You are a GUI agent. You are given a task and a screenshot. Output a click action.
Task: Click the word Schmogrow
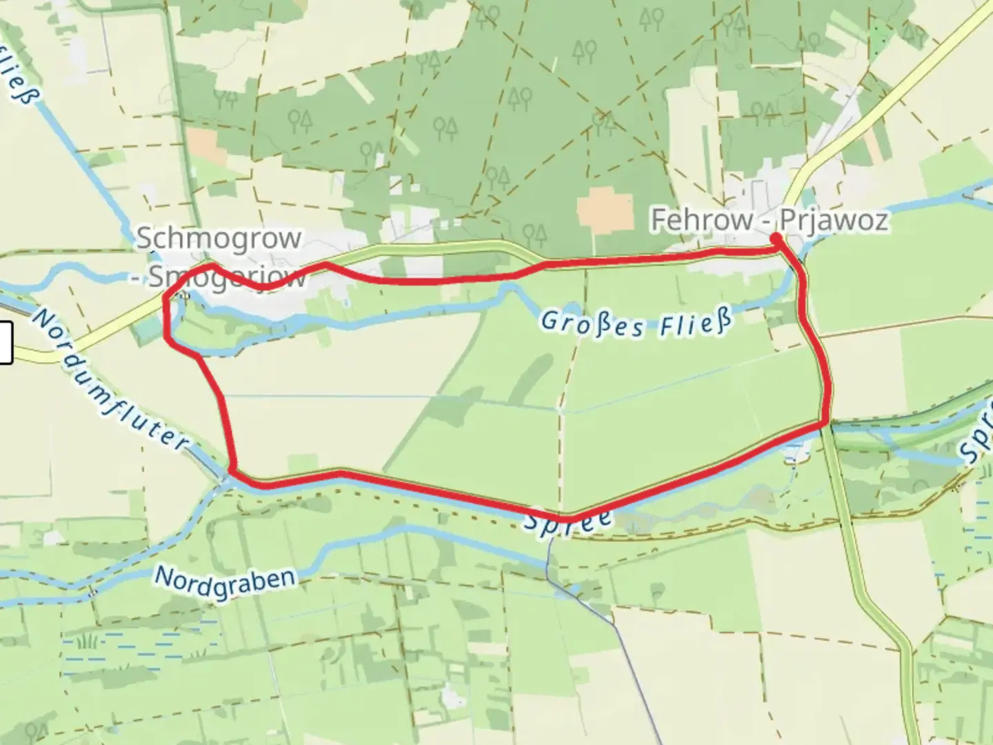[x=219, y=239]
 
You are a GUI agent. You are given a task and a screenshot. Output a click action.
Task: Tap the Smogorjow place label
[x=228, y=278]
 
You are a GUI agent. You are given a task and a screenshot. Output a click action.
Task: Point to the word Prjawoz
[x=833, y=221]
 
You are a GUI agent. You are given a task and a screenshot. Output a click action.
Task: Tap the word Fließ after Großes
[x=694, y=324]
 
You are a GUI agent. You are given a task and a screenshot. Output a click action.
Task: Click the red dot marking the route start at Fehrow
[x=776, y=239]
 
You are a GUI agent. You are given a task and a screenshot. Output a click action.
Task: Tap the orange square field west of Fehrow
[x=605, y=209]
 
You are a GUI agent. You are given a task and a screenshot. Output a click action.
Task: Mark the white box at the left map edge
[x=6, y=343]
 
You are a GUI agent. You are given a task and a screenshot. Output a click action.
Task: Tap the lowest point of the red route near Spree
[x=569, y=518]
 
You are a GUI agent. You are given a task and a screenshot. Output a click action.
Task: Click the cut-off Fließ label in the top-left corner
[x=17, y=76]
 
